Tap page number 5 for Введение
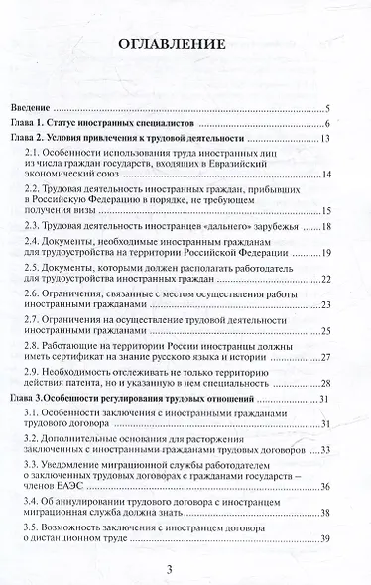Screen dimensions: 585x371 tap(327, 107)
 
